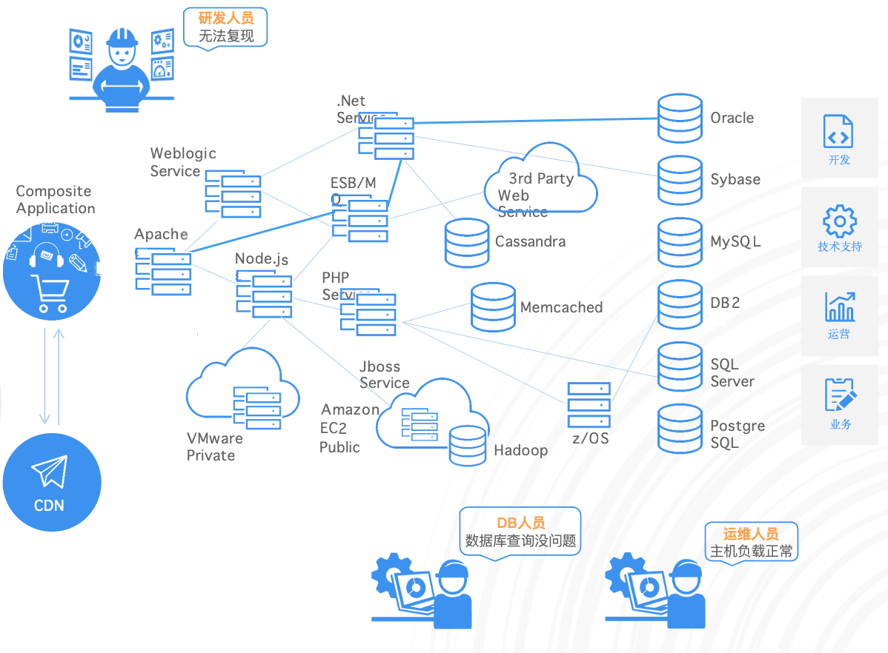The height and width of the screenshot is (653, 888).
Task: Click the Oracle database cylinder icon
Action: (680, 118)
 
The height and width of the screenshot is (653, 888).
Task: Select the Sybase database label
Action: (735, 179)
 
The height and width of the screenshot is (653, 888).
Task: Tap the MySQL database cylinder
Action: (680, 241)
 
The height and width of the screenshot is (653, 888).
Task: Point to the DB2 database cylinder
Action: (680, 304)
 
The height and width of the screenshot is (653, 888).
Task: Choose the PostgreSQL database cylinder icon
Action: (680, 428)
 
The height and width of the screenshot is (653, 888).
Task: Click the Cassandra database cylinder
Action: (467, 242)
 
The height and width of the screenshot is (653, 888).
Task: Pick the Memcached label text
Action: (561, 307)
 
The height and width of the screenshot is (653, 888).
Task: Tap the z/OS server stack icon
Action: (589, 404)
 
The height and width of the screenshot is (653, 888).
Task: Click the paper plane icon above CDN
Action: (50, 471)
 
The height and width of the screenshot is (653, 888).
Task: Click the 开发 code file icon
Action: (839, 131)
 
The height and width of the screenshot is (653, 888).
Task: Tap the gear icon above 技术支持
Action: (840, 221)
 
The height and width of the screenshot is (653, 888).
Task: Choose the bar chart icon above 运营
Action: (840, 307)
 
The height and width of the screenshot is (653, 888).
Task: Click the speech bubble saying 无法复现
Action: (225, 27)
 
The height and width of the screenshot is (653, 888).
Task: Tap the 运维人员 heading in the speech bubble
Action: (751, 534)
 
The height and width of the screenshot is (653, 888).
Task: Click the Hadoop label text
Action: (521, 450)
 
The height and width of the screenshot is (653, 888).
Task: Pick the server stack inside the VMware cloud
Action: (257, 407)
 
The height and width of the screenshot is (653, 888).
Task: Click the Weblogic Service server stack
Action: (233, 195)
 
